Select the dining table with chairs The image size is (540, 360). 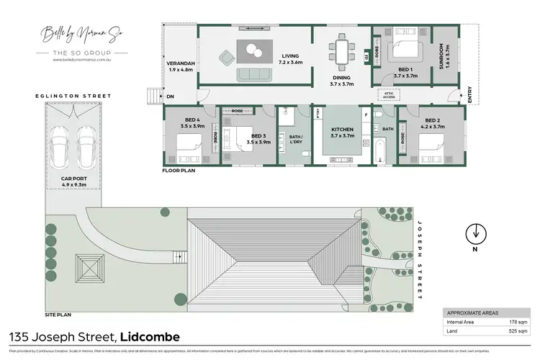(340, 50)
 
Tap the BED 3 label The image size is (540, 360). (259, 138)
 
